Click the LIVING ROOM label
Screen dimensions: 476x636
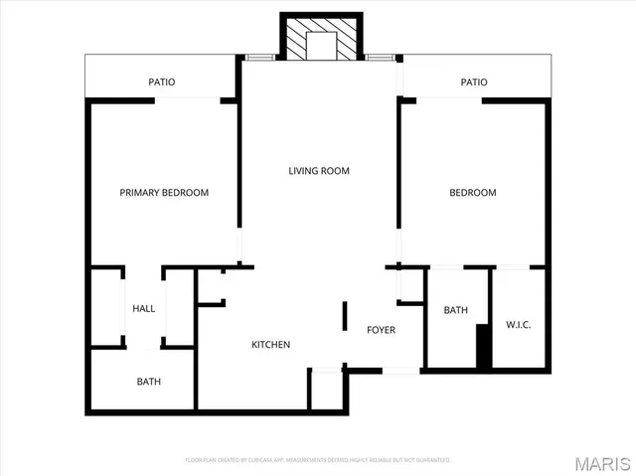pos(319,171)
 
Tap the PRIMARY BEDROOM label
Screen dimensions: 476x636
pos(164,193)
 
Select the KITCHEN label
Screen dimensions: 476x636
pos(270,345)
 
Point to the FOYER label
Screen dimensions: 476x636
pos(382,330)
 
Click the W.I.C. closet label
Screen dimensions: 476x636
pos(518,324)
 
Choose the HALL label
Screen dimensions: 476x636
pos(144,309)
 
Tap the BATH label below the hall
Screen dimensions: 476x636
pos(149,382)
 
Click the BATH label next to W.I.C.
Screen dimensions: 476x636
pos(455,311)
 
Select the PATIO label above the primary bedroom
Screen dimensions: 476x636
pos(162,82)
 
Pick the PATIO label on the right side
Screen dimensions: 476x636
pos(474,82)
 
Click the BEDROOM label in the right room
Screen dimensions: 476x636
pos(472,193)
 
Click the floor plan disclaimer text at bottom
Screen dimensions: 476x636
pos(318,460)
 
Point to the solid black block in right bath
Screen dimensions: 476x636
pos(484,348)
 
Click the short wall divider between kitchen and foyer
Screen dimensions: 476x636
pos(344,317)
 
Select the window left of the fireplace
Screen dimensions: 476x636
pos(258,58)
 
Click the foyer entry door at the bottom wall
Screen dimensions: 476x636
pos(400,371)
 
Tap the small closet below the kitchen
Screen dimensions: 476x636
pos(325,390)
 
